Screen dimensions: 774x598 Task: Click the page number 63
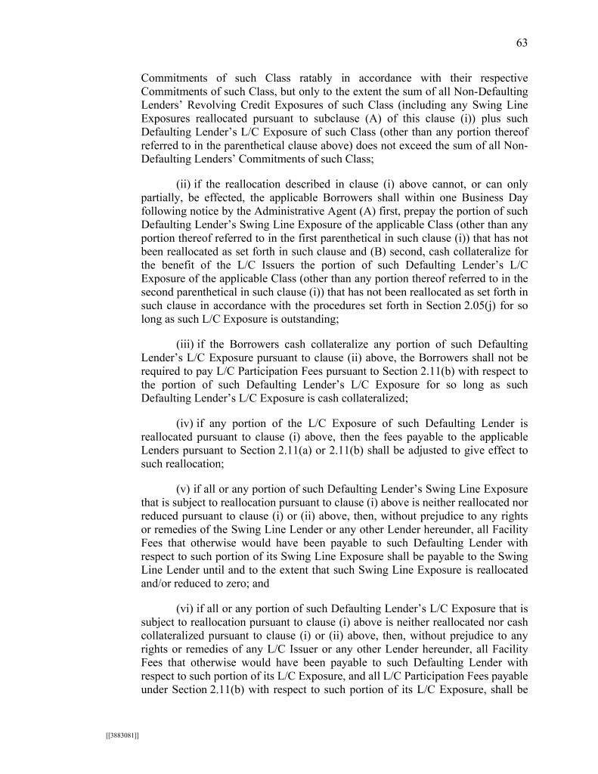coord(522,43)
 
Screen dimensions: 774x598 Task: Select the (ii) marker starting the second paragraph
coord(184,184)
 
